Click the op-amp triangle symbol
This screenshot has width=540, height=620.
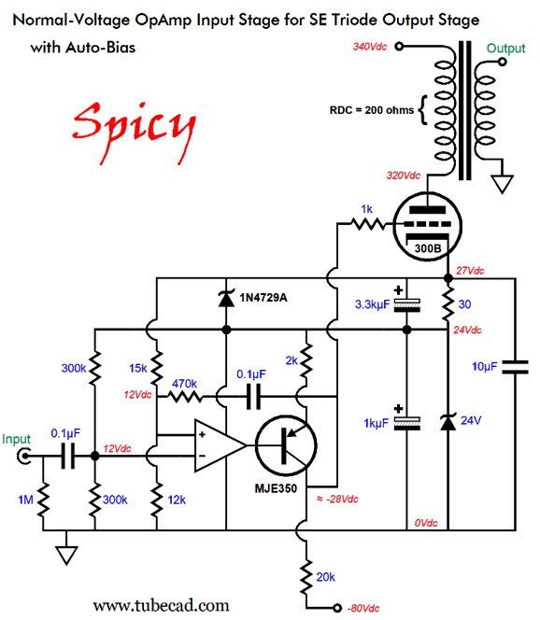(216, 444)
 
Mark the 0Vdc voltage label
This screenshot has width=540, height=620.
(427, 523)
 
